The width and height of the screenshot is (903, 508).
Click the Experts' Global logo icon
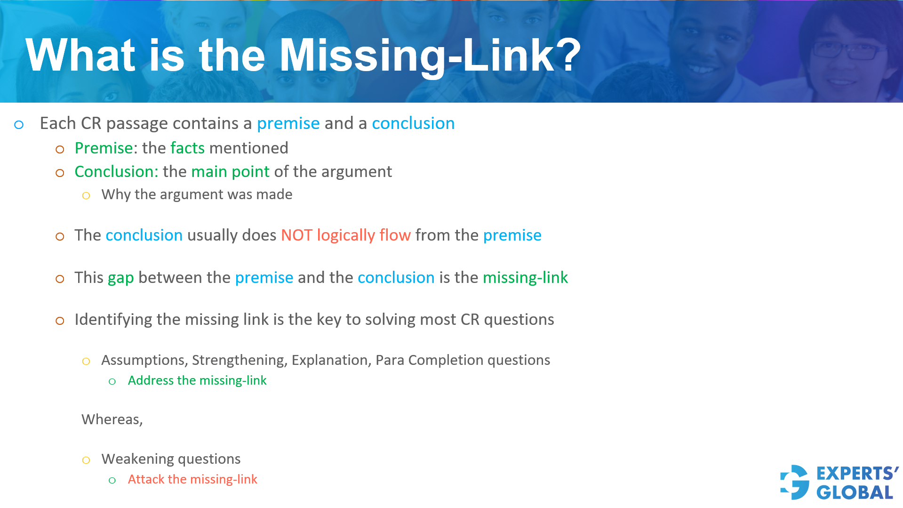click(795, 482)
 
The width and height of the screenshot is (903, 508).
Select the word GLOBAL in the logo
click(855, 492)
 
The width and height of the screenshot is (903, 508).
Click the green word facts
click(187, 148)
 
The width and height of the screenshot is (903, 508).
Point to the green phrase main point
click(230, 172)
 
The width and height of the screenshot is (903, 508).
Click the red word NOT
click(296, 235)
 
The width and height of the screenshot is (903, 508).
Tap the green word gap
click(120, 278)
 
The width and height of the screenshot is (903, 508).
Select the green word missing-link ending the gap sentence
click(525, 278)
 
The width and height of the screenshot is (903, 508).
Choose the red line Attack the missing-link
click(192, 479)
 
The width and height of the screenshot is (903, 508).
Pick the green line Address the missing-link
click(197, 380)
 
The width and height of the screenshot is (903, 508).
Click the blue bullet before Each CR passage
click(19, 125)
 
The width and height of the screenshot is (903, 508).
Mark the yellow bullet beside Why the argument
click(86, 195)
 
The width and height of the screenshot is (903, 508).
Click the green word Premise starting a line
click(104, 148)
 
